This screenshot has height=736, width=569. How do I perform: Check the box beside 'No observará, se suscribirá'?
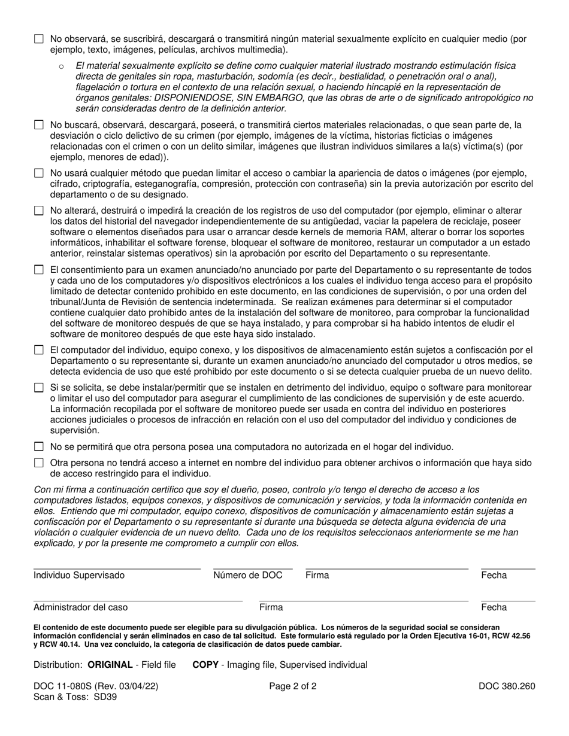pyautogui.click(x=39, y=39)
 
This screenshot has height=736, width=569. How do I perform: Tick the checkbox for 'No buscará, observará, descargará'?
pyautogui.click(x=39, y=125)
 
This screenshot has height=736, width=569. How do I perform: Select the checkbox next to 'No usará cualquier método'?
pyautogui.click(x=39, y=173)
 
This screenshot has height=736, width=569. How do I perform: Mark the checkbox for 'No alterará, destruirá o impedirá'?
pyautogui.click(x=39, y=211)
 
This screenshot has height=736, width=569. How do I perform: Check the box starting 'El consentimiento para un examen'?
pyautogui.click(x=39, y=270)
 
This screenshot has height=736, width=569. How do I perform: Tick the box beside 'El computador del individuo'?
pyautogui.click(x=39, y=350)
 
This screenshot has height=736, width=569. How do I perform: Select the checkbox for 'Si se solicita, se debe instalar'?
pyautogui.click(x=39, y=388)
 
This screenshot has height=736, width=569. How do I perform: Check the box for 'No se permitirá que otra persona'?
pyautogui.click(x=39, y=446)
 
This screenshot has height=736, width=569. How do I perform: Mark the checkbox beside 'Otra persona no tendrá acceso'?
pyautogui.click(x=39, y=463)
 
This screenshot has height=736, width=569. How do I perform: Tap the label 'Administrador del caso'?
pyautogui.click(x=80, y=607)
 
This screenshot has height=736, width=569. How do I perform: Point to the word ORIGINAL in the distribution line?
pyautogui.click(x=110, y=665)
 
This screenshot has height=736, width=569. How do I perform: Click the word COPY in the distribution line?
pyautogui.click(x=205, y=665)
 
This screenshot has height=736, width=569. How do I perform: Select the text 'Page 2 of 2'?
pyautogui.click(x=293, y=686)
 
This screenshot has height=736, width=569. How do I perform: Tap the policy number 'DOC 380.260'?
pyautogui.click(x=507, y=686)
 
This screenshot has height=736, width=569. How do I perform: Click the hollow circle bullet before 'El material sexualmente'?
pyautogui.click(x=62, y=66)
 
